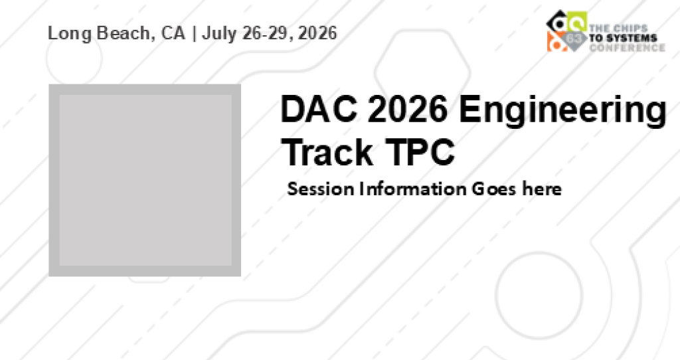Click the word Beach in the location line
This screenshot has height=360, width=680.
(x=126, y=33)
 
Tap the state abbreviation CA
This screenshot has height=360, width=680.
(x=173, y=33)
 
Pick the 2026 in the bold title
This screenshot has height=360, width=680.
(x=408, y=109)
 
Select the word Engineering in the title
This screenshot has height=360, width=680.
(x=562, y=112)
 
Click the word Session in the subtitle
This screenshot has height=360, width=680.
(x=321, y=189)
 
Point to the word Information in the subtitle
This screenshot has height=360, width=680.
(x=413, y=189)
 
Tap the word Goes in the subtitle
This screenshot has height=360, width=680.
(x=494, y=189)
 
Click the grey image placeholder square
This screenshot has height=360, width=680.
(x=145, y=180)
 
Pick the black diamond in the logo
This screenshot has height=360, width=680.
(x=558, y=21)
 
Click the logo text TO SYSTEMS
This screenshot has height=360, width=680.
(x=623, y=38)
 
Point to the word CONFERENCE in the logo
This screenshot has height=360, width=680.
(x=627, y=47)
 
